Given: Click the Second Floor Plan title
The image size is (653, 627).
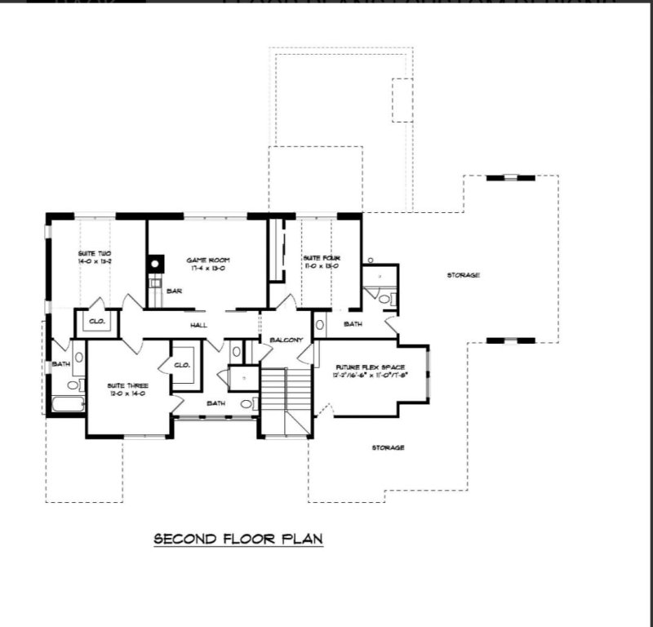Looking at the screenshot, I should coord(238,539).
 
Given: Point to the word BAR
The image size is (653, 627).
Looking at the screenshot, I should coord(174,291).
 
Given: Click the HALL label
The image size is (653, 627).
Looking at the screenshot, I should coord(198,325).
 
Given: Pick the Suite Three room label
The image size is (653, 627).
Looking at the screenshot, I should coord(127,385).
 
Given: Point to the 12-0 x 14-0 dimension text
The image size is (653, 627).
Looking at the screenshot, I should coord(127,394).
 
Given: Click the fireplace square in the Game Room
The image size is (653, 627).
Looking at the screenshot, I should coord(155,264).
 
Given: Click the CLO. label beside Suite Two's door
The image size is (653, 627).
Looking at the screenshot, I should coord(97,322).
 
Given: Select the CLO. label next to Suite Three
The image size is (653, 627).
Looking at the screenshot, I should coord(182,364).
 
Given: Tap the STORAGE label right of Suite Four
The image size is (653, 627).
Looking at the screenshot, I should coord(463,275).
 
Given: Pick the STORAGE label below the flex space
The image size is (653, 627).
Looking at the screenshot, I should coord(388,447).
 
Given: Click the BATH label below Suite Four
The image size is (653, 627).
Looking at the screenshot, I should coord(353,324).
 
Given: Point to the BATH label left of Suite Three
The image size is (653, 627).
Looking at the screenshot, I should coord(61,364).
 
